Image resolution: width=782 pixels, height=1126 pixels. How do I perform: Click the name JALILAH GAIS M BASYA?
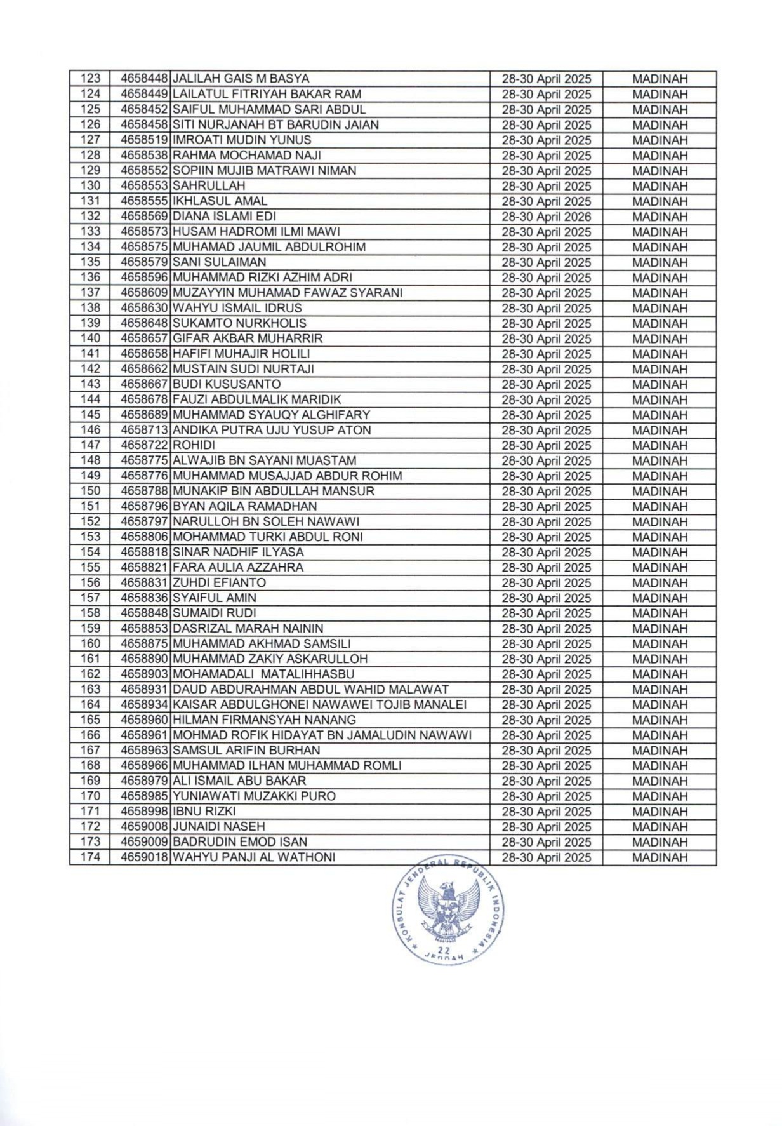(x=241, y=79)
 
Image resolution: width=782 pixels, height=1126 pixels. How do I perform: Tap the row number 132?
(x=90, y=217)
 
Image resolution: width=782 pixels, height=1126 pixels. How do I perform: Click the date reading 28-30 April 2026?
(x=546, y=217)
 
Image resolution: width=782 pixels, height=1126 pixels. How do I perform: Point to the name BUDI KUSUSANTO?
(x=227, y=384)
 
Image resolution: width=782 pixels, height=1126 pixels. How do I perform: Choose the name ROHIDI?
(x=194, y=445)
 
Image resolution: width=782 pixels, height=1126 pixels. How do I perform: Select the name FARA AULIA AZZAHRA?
(x=238, y=567)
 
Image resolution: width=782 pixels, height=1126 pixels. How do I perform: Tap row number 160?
(x=90, y=643)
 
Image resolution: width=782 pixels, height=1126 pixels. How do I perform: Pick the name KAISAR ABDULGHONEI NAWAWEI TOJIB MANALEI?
(x=320, y=704)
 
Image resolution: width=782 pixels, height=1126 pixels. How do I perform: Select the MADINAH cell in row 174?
(x=659, y=857)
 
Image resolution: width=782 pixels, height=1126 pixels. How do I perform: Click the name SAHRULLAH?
(x=209, y=186)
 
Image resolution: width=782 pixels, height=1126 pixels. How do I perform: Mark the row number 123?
(x=90, y=79)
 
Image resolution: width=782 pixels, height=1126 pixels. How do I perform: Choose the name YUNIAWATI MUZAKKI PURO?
(x=255, y=796)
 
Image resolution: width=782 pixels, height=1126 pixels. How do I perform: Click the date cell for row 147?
(x=546, y=445)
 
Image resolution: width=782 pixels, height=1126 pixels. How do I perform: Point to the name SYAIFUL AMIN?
(x=215, y=598)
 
